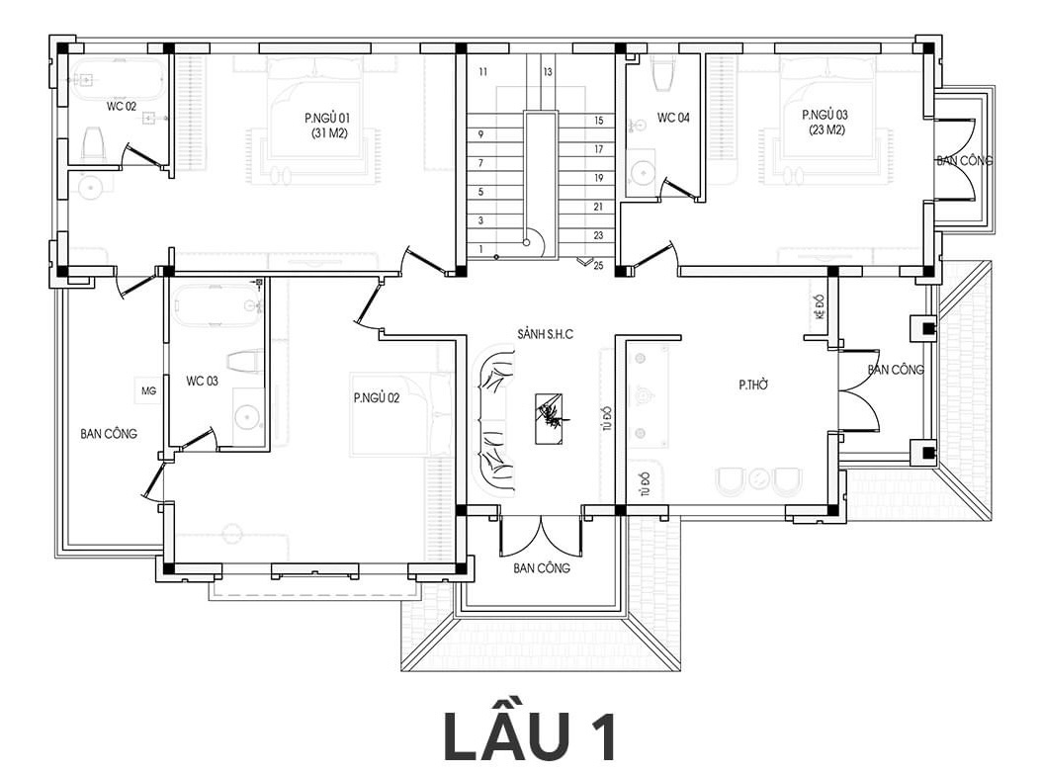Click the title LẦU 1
coord(530,735)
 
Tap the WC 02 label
coord(122,107)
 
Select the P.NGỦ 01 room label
coord(327,119)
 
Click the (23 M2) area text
coord(827,129)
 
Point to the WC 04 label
coord(674,118)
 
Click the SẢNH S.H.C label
coord(545,334)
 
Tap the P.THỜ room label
coord(753,384)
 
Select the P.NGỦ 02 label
coord(377,398)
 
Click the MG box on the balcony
coord(149,391)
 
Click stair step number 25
coord(599,266)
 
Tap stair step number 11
coord(482,72)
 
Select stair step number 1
coord(481,249)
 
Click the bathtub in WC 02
coord(117,80)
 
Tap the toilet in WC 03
coord(242,362)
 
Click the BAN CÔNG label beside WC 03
coord(109,434)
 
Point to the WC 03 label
coord(202,382)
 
